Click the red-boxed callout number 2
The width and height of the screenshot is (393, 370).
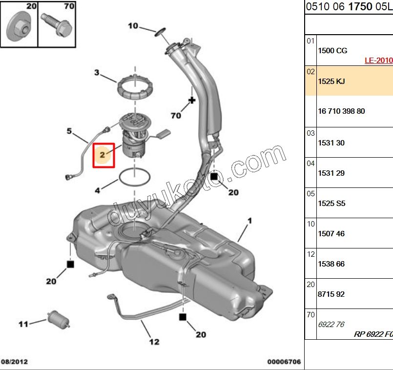click(103, 155)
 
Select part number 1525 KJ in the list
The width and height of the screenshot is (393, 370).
click(331, 82)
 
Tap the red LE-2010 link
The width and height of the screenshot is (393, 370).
click(378, 61)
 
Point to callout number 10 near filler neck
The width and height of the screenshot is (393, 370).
click(133, 26)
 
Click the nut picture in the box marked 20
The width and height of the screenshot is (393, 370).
click(19, 29)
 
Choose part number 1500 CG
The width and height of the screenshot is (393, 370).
click(332, 51)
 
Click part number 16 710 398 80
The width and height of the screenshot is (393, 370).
click(341, 111)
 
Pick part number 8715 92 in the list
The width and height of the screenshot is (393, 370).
click(331, 294)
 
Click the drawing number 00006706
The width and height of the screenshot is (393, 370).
click(284, 362)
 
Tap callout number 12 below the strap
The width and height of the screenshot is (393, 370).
click(154, 342)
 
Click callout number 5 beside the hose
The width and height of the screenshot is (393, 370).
click(69, 131)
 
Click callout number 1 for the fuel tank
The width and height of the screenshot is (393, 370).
click(249, 221)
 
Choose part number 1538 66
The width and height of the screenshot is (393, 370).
click(331, 264)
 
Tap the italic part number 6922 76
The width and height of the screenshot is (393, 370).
click(331, 324)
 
